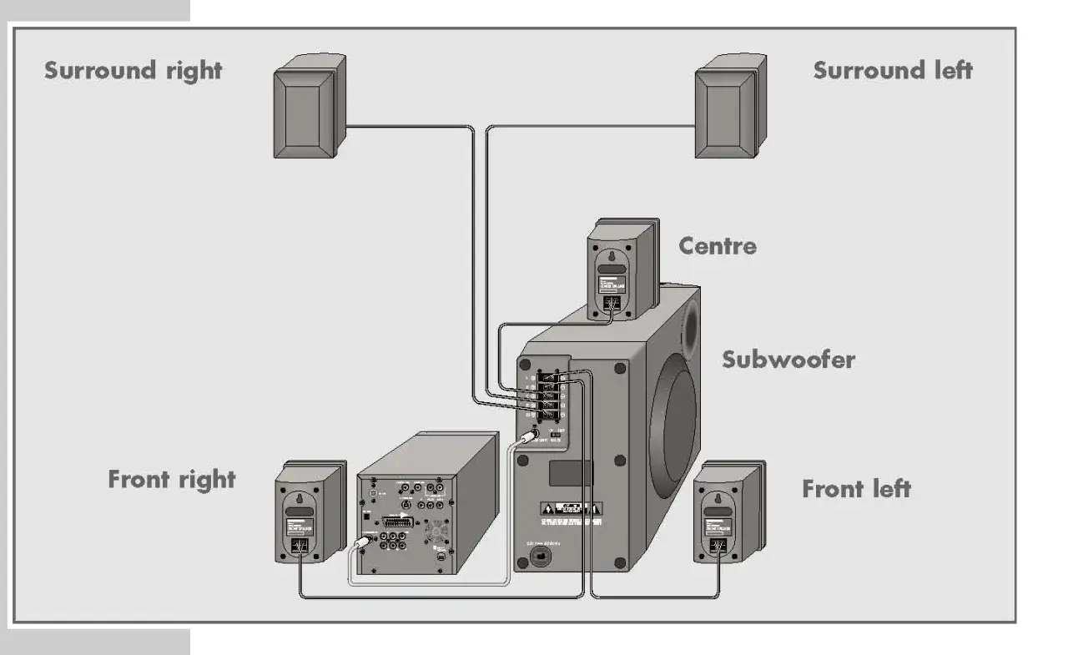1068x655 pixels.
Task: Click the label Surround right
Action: (x=133, y=70)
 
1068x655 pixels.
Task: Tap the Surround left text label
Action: (x=893, y=70)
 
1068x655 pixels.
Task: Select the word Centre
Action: (x=718, y=246)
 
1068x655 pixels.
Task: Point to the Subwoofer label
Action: (x=788, y=360)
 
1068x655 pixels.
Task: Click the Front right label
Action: (x=172, y=480)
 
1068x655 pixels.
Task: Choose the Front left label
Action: (x=856, y=488)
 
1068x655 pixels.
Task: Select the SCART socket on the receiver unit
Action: (x=396, y=521)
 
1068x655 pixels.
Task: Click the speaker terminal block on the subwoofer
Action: (x=549, y=392)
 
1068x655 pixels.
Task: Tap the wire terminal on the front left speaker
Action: (x=715, y=546)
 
